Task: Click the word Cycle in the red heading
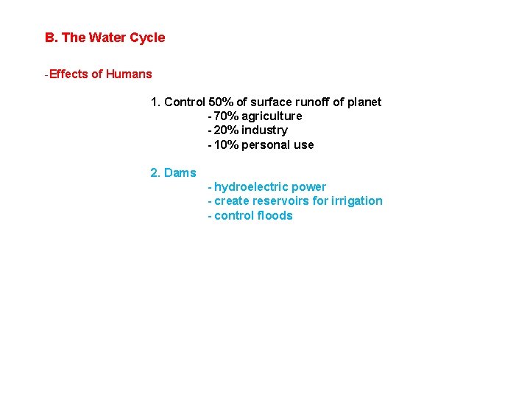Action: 147,38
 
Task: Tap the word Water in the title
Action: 107,38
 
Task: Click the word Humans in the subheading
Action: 129,74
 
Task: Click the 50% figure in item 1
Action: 221,102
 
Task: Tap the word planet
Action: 364,102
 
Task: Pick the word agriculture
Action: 272,116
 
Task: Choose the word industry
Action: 264,130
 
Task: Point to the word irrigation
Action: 357,201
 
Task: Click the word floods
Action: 274,215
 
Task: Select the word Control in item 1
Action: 185,102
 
